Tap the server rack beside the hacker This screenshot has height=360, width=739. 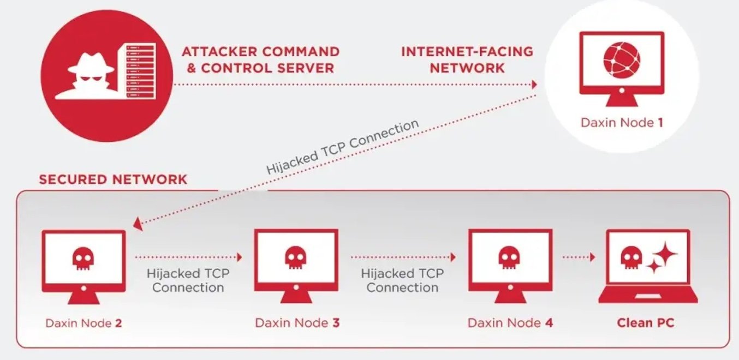point(141,71)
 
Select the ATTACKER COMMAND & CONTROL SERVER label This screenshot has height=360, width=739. point(260,60)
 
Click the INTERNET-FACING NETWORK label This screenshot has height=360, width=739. point(467,60)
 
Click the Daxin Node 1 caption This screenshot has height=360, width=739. point(622,122)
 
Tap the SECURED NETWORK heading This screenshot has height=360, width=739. point(113,179)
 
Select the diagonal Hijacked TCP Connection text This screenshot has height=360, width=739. point(343,147)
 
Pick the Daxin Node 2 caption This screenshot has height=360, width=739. point(84,323)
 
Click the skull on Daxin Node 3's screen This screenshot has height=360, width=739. point(296,256)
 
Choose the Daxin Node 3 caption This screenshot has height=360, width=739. point(297,323)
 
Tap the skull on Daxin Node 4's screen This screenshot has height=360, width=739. point(510,256)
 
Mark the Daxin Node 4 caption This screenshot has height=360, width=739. point(510,323)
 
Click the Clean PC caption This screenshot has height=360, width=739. point(646,323)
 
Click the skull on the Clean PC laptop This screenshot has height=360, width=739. point(631,256)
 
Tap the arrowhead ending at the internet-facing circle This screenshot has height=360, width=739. point(534,85)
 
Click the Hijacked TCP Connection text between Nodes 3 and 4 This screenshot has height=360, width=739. point(402,280)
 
